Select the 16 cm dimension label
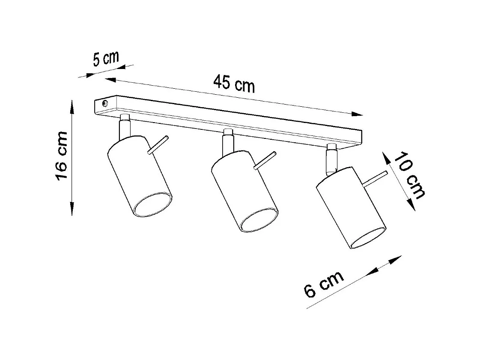[61, 156]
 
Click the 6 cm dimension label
[323, 284]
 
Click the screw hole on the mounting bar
[104, 103]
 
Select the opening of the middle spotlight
[259, 221]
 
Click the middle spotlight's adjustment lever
[265, 160]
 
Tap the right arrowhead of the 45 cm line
[358, 114]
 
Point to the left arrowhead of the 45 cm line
[110, 79]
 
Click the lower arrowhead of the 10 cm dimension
[412, 205]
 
